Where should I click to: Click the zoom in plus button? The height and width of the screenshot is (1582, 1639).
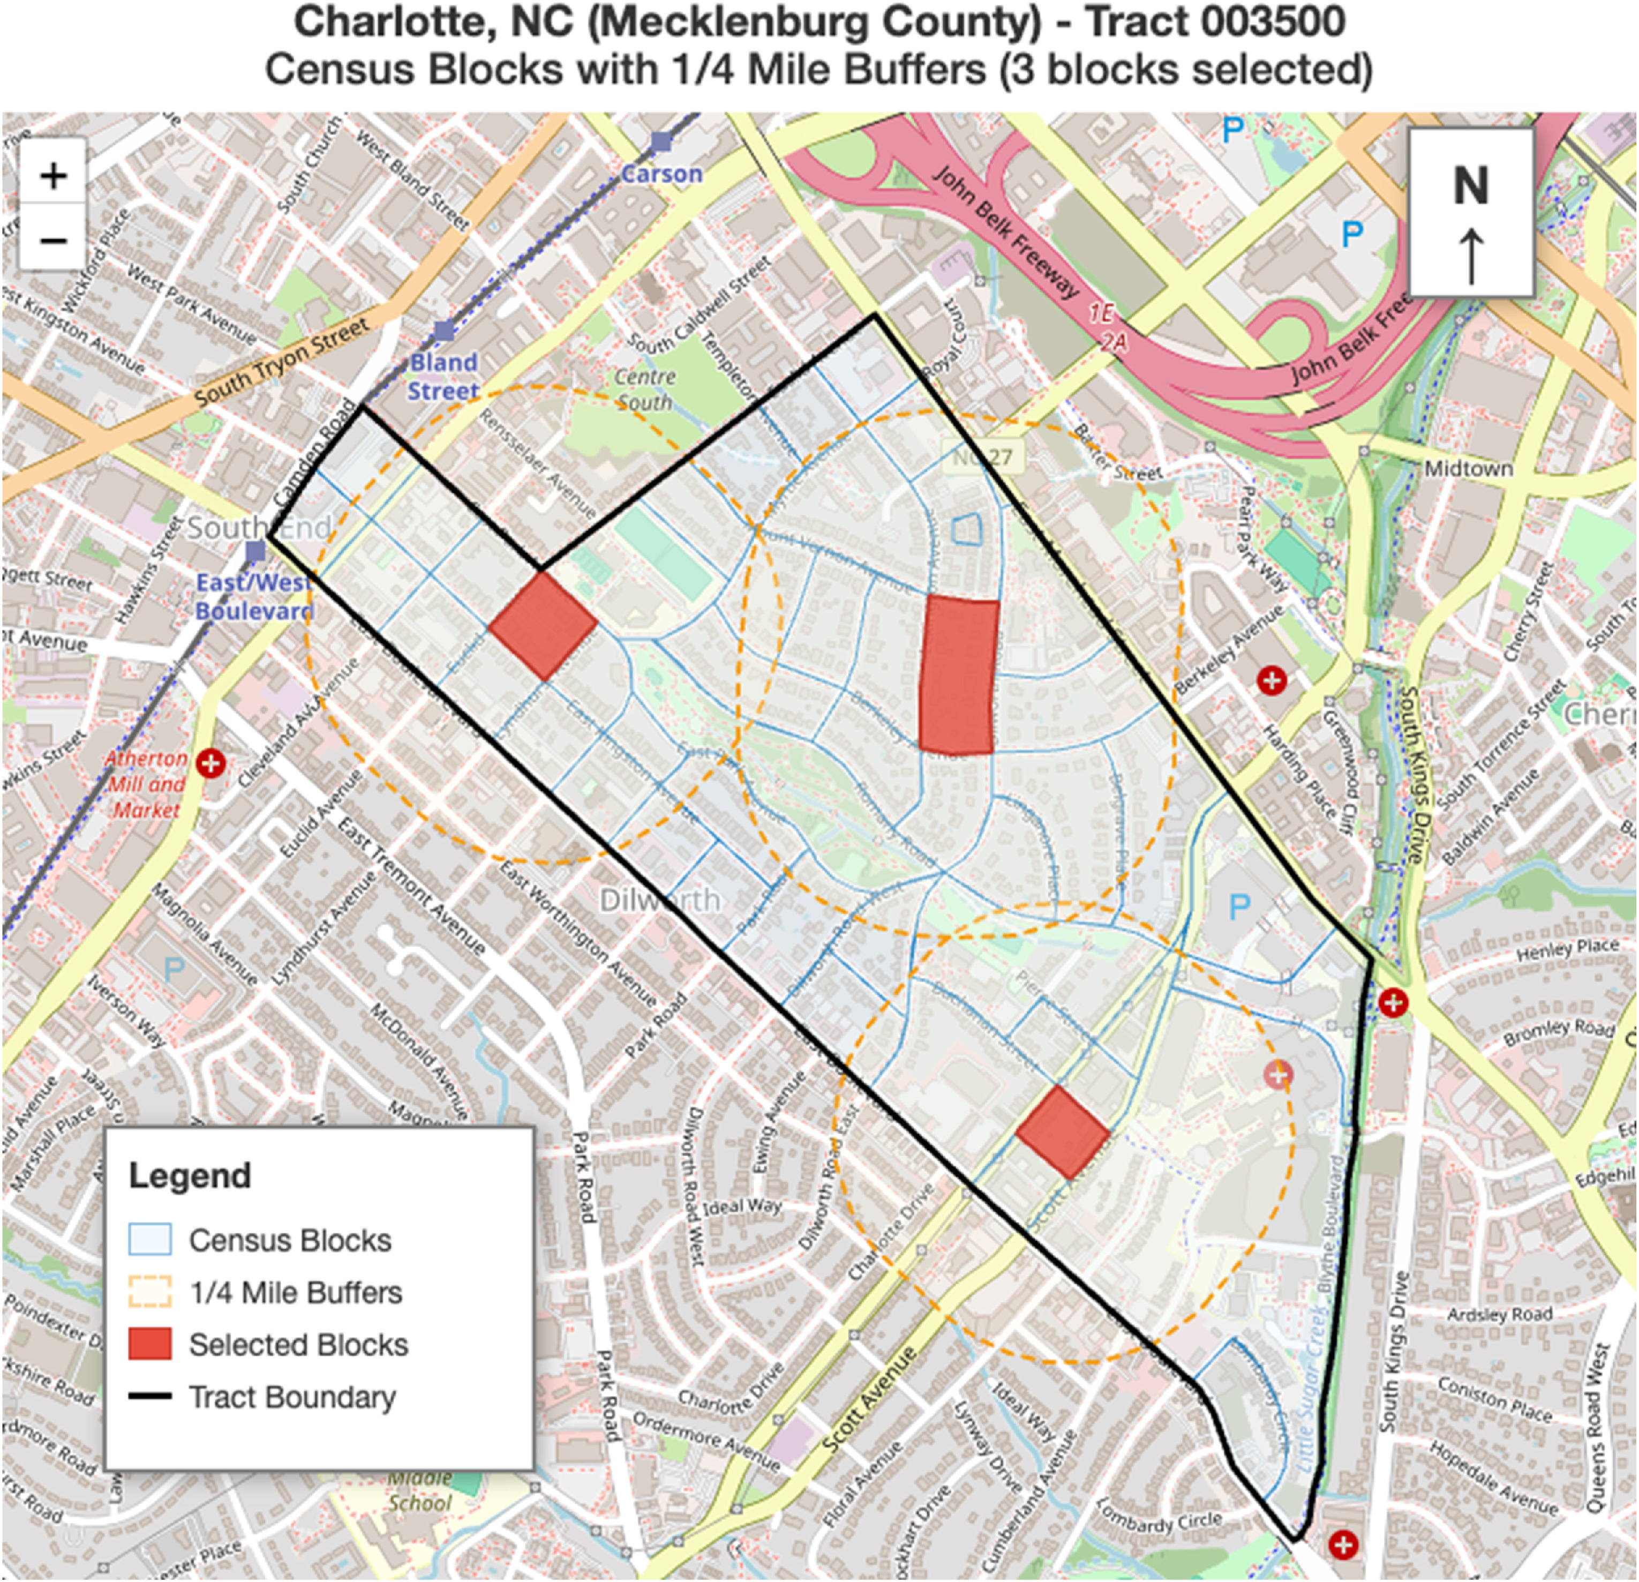[x=54, y=176]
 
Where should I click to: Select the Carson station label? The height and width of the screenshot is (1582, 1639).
[x=661, y=174]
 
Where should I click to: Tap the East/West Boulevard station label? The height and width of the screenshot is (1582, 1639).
[x=254, y=596]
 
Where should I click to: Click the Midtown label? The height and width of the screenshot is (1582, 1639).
[x=1469, y=469]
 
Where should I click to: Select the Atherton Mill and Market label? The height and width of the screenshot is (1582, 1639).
[x=146, y=784]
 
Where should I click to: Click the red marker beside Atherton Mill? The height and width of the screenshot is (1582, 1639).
[x=210, y=763]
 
